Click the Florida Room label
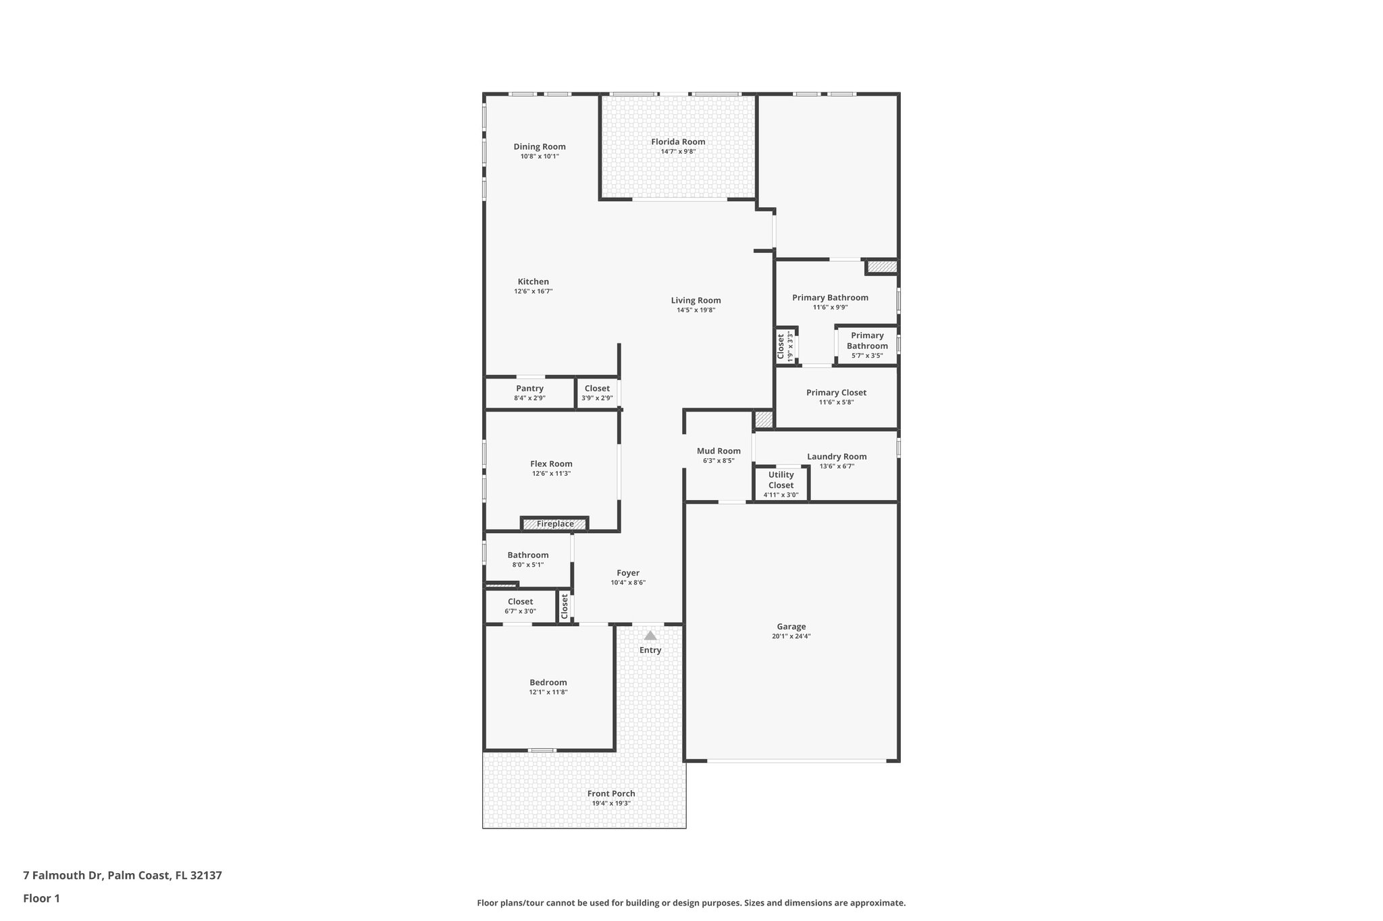pyautogui.click(x=678, y=142)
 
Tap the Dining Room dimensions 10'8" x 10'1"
pyautogui.click(x=540, y=157)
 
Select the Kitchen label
pyautogui.click(x=533, y=282)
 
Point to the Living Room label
pyautogui.click(x=696, y=301)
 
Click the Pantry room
pyautogui.click(x=529, y=393)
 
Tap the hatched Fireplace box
pyautogui.click(x=555, y=524)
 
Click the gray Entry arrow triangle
pyautogui.click(x=650, y=636)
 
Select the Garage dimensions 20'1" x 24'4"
pyautogui.click(x=791, y=636)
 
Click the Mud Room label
pyautogui.click(x=719, y=451)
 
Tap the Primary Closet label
pyautogui.click(x=836, y=393)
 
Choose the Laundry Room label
pyautogui.click(x=837, y=457)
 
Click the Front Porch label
pyautogui.click(x=611, y=793)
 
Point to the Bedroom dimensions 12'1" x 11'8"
pyautogui.click(x=548, y=692)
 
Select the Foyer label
pyautogui.click(x=628, y=573)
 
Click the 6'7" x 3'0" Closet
pyautogui.click(x=520, y=606)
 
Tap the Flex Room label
pyautogui.click(x=551, y=464)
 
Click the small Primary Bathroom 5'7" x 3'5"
pyautogui.click(x=867, y=345)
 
